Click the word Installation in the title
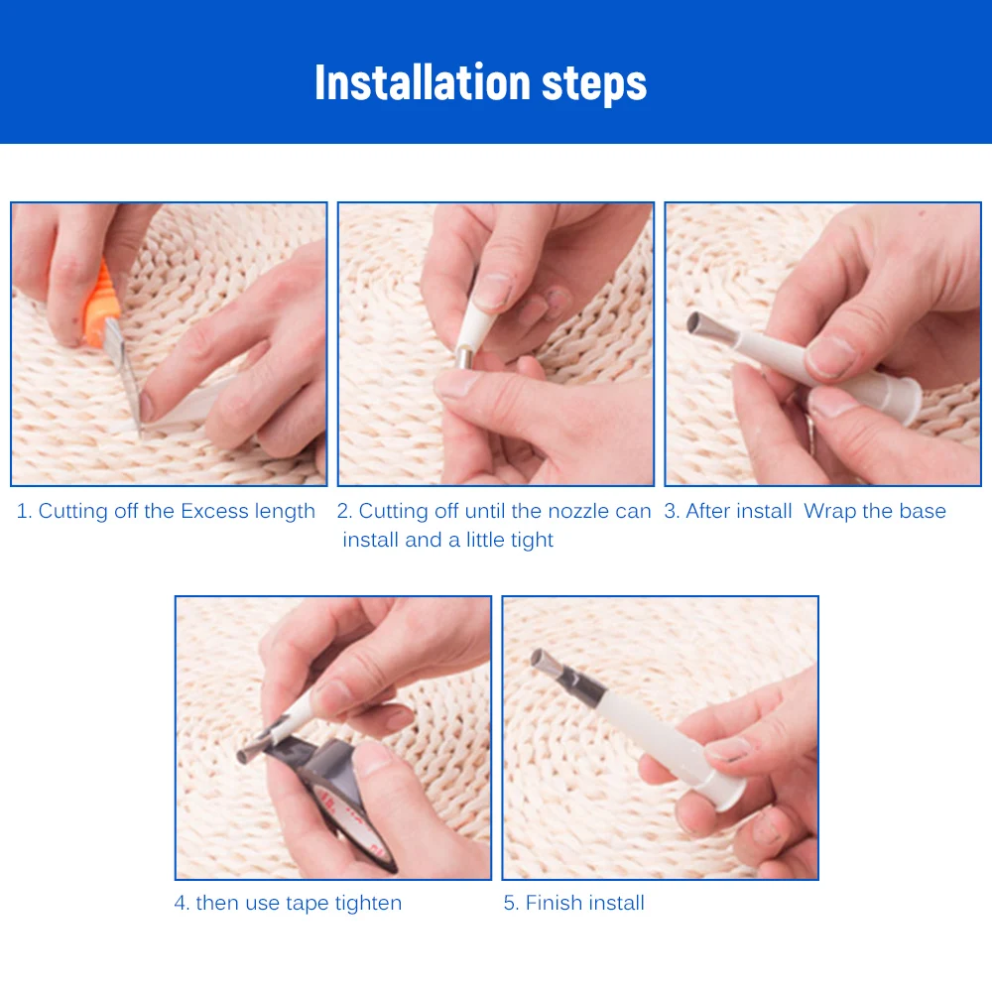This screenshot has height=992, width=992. click(422, 82)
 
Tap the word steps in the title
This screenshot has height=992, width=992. click(594, 84)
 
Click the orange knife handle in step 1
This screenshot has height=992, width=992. click(101, 304)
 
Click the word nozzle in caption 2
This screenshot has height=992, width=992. click(577, 511)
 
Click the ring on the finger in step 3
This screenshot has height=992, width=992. click(811, 434)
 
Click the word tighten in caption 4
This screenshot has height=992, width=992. click(368, 903)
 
